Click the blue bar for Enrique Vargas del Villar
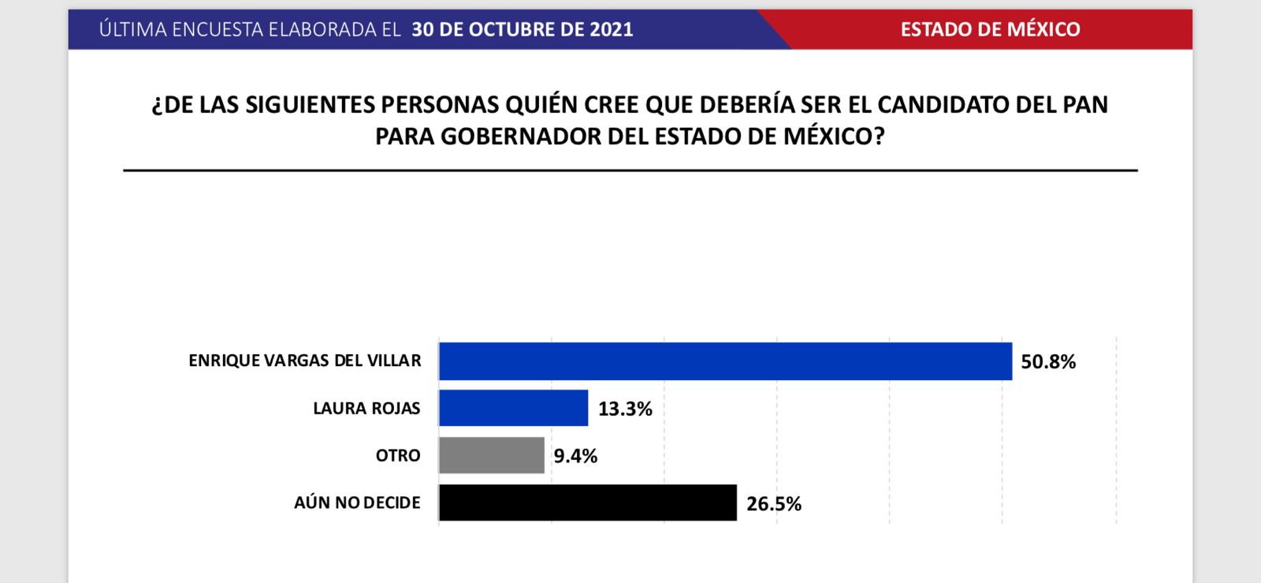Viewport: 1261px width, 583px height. [x=725, y=361]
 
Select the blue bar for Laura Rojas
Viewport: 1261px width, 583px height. [x=513, y=408]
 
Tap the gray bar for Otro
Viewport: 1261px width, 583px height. [x=492, y=455]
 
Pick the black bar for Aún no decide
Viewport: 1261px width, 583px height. [x=588, y=503]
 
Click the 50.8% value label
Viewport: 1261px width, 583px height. [x=1048, y=362]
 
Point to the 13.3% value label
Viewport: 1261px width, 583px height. [x=625, y=409]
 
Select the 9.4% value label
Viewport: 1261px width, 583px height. [x=575, y=456]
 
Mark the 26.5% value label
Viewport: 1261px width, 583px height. [x=774, y=504]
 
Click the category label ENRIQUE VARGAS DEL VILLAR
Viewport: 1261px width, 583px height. [x=305, y=361]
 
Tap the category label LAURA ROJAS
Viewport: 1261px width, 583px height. [x=366, y=408]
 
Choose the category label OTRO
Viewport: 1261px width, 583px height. [x=398, y=455]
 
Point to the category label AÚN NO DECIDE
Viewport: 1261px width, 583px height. [x=357, y=503]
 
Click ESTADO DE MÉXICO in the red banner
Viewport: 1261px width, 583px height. [x=990, y=29]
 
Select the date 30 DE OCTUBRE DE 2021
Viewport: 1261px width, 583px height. [x=522, y=29]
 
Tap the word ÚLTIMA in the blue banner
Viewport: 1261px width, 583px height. [x=133, y=29]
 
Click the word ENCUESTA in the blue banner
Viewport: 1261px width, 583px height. [x=218, y=29]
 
